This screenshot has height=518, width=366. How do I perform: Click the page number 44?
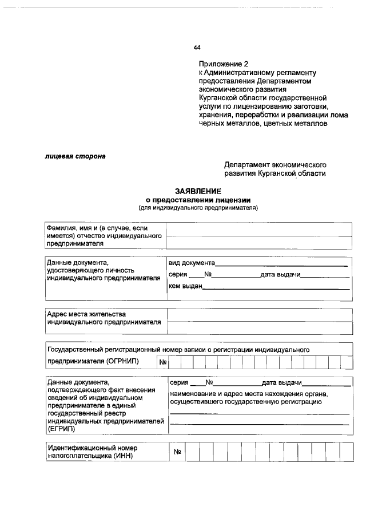[197, 48]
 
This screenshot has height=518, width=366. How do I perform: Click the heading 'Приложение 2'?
[224, 64]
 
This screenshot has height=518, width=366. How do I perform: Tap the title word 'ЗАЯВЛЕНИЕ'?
[198, 191]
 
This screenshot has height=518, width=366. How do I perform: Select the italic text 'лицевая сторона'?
[75, 156]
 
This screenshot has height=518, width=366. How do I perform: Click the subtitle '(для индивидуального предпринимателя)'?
[198, 207]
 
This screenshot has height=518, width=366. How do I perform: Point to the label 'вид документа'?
[191, 263]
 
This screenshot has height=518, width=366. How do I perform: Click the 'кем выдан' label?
[185, 286]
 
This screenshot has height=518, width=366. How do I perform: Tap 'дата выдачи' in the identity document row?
[280, 275]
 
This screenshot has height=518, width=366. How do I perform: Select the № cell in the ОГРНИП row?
[162, 362]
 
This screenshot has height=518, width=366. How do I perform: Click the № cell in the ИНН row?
[177, 453]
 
